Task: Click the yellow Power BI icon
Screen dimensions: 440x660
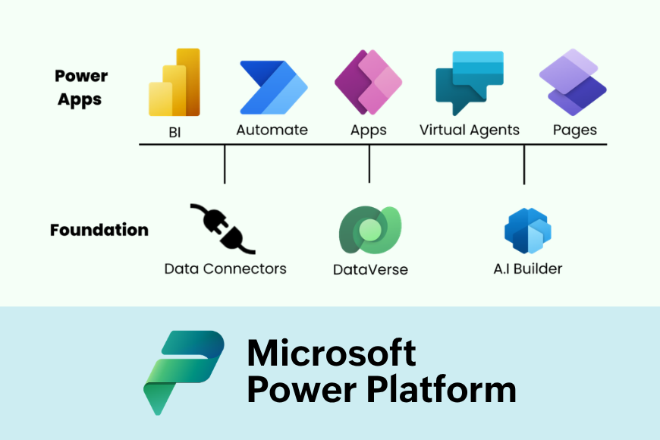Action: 174,83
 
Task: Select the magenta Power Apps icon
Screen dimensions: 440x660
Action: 369,83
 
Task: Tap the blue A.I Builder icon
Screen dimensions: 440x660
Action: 527,231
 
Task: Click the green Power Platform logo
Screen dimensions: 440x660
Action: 184,372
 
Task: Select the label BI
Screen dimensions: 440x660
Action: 174,131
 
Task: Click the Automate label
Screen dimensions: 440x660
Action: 272,130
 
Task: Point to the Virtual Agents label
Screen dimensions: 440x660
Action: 470,130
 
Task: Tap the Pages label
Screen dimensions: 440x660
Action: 574,130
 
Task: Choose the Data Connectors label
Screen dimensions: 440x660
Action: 225,269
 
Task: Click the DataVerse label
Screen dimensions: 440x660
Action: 370,269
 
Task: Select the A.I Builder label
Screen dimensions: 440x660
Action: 527,269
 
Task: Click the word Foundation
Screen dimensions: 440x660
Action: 99,230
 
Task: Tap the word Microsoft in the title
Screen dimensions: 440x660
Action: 332,353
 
